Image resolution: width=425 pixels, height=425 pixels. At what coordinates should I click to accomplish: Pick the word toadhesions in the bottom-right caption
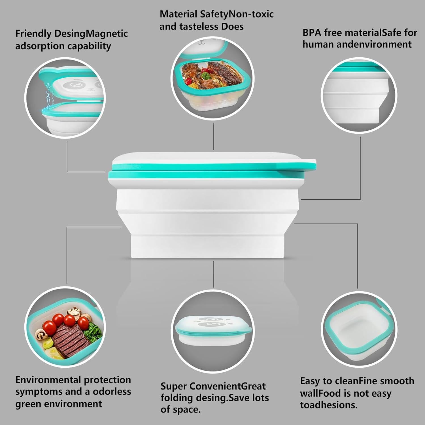pos(329,405)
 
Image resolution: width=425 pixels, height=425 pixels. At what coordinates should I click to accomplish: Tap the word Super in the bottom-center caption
pos(173,386)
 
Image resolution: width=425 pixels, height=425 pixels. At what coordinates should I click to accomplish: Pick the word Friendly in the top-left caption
pos(33,34)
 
